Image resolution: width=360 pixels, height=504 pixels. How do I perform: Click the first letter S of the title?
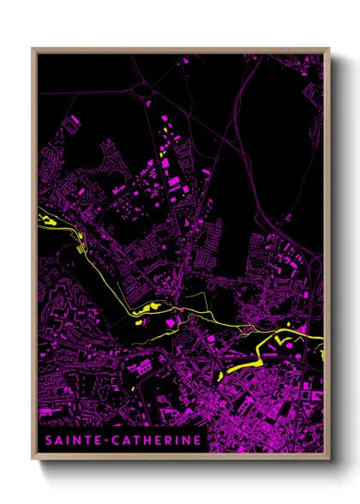[45, 441]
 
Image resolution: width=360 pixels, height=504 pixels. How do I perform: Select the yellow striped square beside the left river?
[81, 249]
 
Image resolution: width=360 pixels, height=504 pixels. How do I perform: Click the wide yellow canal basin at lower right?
[240, 368]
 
